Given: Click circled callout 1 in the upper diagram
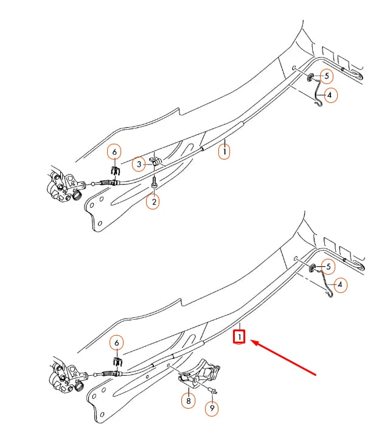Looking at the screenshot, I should (225, 150).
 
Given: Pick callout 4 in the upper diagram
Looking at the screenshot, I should (329, 96).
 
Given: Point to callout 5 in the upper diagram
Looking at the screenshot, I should (326, 76).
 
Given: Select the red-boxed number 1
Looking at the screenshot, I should (240, 336).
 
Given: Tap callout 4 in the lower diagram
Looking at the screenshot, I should (339, 284).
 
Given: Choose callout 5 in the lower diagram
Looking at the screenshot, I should (327, 267).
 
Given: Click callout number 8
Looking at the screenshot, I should (187, 400).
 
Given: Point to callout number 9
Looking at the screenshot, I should (212, 408).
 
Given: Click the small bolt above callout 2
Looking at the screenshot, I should (154, 181).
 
